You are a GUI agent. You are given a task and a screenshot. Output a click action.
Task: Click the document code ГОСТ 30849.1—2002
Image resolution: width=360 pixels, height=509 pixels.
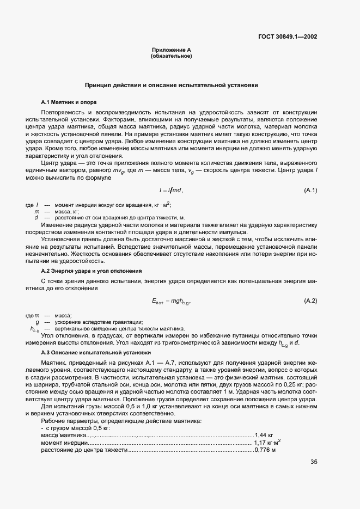(288, 38)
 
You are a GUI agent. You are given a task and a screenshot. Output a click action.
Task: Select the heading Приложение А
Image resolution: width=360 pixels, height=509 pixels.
(171, 50)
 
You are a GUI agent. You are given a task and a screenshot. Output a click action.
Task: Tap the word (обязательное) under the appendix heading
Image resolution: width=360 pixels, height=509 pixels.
(171, 56)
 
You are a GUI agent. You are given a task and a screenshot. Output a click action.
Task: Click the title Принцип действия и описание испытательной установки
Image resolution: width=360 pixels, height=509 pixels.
(171, 85)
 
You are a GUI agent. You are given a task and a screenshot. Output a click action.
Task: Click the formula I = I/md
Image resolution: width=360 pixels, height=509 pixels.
(171, 190)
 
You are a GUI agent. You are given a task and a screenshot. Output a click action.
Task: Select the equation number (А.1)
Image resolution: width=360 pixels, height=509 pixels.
(310, 190)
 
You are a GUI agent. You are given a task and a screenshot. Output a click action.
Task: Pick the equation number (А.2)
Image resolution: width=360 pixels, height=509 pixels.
(310, 301)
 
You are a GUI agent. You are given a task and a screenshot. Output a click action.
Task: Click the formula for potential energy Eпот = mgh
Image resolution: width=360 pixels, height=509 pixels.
(171, 302)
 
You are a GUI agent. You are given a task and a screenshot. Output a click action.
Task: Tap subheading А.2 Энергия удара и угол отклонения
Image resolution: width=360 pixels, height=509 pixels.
(91, 271)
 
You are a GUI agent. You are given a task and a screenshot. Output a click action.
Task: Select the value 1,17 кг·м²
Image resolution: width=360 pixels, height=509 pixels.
(267, 443)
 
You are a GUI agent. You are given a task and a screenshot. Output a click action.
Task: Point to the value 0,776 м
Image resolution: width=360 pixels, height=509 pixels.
(266, 451)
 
